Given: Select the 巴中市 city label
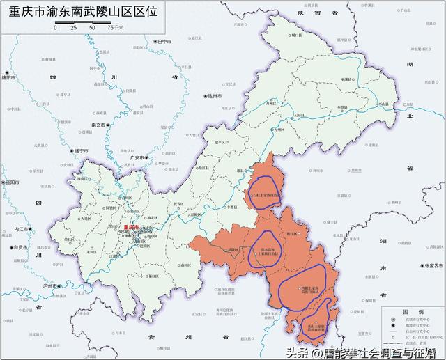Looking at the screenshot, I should pos(166,42).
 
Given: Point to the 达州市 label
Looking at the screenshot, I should pos(213,96).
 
